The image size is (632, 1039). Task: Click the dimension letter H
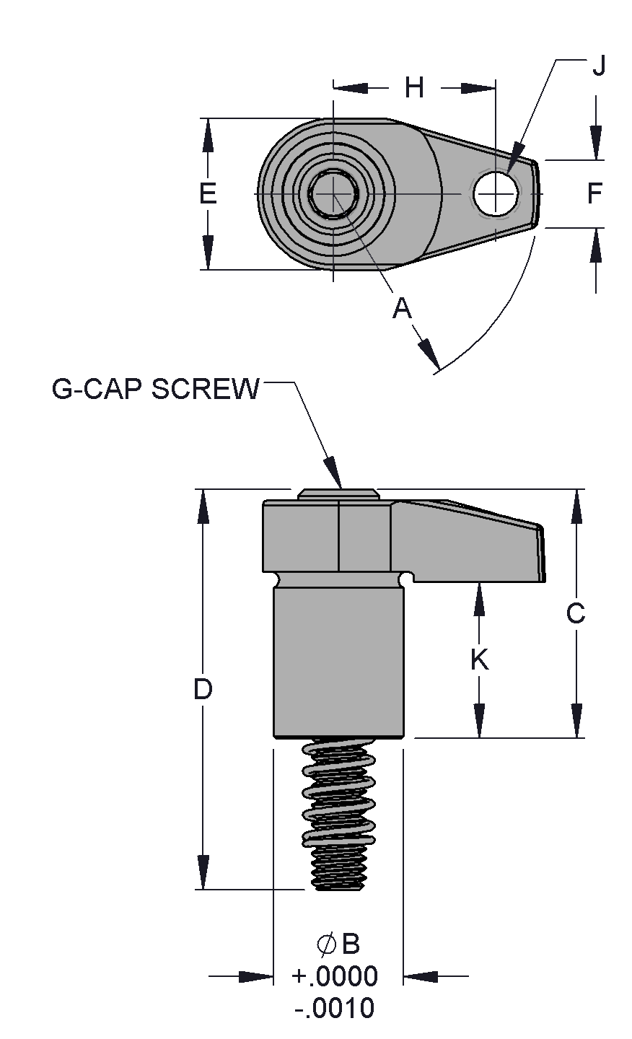(414, 87)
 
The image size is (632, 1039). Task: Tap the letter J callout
(599, 65)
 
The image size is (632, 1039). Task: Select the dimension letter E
(208, 193)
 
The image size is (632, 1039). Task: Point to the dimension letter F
(594, 193)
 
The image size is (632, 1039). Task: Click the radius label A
(402, 308)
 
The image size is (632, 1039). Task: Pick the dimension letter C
(576, 613)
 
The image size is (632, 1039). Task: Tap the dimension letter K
(480, 659)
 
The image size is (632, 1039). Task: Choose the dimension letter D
(203, 689)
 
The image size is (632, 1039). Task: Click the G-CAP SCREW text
(156, 389)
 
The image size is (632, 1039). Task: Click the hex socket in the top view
(333, 193)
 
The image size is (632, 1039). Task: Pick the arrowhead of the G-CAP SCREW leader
(333, 473)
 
